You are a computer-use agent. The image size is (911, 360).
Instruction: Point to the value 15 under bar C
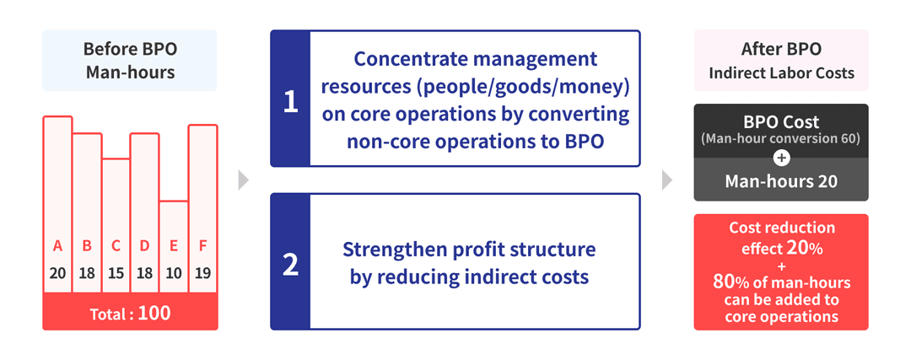(x=116, y=273)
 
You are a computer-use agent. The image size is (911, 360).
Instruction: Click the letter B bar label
(x=87, y=247)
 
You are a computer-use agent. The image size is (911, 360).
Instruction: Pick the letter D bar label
(x=144, y=247)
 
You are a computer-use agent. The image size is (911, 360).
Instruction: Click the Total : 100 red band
(x=130, y=314)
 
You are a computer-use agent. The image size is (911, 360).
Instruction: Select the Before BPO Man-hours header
(x=130, y=61)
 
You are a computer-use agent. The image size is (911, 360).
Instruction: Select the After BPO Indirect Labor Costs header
(x=780, y=61)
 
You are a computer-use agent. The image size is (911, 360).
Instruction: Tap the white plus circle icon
(x=780, y=157)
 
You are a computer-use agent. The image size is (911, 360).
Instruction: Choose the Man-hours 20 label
(x=780, y=180)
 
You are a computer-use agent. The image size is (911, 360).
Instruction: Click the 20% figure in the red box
(x=806, y=248)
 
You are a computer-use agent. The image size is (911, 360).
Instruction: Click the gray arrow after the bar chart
(x=244, y=180)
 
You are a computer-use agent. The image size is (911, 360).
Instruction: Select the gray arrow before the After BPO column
(x=667, y=180)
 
